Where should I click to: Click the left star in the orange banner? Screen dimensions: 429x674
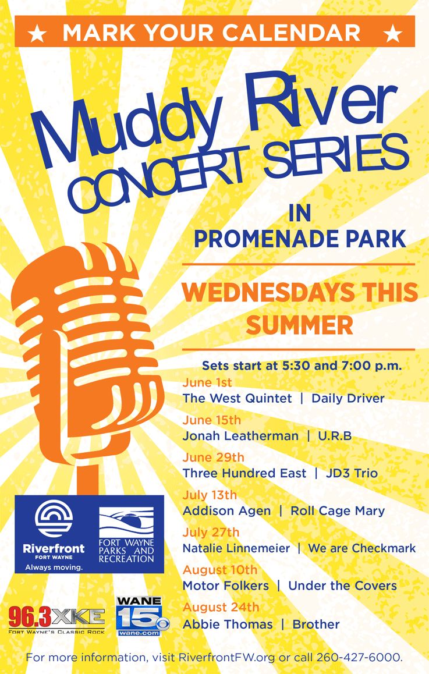pyautogui.click(x=37, y=33)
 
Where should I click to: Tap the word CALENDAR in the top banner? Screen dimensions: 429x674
pyautogui.click(x=292, y=33)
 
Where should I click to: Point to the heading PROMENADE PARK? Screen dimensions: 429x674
pyautogui.click(x=300, y=239)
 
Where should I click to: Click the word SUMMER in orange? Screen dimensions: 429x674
pyautogui.click(x=300, y=325)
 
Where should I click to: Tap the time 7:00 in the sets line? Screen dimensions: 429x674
pyautogui.click(x=353, y=366)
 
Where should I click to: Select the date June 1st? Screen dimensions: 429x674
pyautogui.click(x=207, y=382)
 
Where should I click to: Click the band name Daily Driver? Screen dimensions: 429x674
pyautogui.click(x=348, y=399)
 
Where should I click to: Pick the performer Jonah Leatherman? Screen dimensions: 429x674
pyautogui.click(x=240, y=436)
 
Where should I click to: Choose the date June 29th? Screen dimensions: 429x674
pyautogui.click(x=213, y=457)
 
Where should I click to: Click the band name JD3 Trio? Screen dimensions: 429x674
pyautogui.click(x=352, y=473)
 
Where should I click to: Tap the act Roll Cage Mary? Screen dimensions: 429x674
pyautogui.click(x=338, y=511)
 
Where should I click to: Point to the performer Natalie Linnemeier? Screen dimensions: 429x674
pyautogui.click(x=236, y=548)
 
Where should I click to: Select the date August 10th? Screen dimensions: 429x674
pyautogui.click(x=220, y=570)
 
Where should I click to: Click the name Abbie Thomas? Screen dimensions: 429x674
pyautogui.click(x=228, y=625)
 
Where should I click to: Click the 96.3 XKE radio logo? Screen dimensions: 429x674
pyautogui.click(x=56, y=620)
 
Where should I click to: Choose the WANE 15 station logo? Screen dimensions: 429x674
pyautogui.click(x=143, y=616)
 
